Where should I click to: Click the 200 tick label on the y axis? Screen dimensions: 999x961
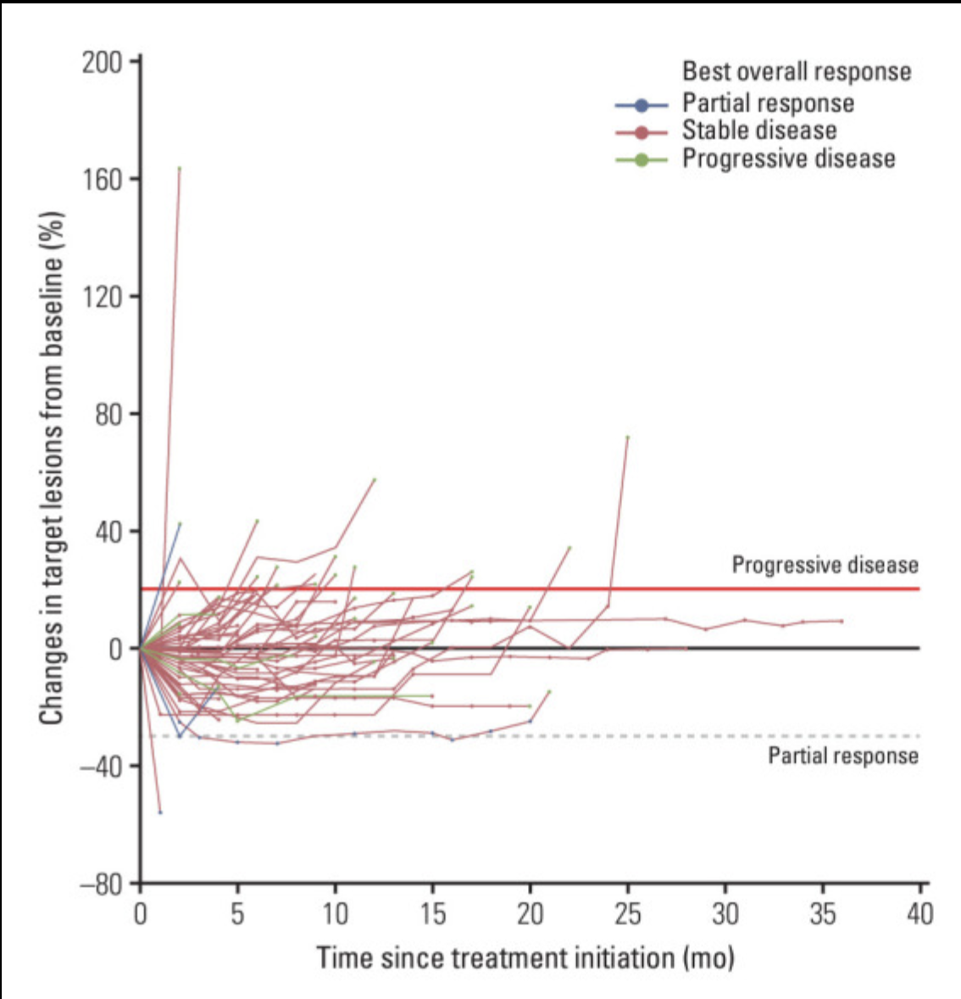pos(103,62)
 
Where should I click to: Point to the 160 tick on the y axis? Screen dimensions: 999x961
pos(103,180)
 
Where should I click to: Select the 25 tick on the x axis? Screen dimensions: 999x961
pos(628,914)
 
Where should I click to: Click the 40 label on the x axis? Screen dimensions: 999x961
pos(919,914)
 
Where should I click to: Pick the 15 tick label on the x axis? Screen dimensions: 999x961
pos(432,914)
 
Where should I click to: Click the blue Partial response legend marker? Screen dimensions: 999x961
pos(642,105)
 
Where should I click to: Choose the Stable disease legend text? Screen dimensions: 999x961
pos(759,131)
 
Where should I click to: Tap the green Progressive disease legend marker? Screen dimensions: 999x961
pos(642,159)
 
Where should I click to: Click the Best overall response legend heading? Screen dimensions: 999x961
pos(797,71)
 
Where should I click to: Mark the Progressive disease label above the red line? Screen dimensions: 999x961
pos(825,566)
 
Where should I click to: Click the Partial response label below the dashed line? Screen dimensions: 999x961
pos(842,756)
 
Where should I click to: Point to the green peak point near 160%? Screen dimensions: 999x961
pos(180,168)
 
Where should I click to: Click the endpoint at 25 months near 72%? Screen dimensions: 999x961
pos(627,437)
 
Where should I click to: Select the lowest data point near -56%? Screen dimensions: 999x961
pos(160,812)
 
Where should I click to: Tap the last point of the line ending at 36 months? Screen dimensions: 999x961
pos(842,621)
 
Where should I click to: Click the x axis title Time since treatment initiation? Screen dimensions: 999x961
pos(525,958)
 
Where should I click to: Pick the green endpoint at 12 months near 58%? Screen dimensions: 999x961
pos(374,479)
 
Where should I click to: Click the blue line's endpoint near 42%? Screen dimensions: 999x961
pos(180,523)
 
